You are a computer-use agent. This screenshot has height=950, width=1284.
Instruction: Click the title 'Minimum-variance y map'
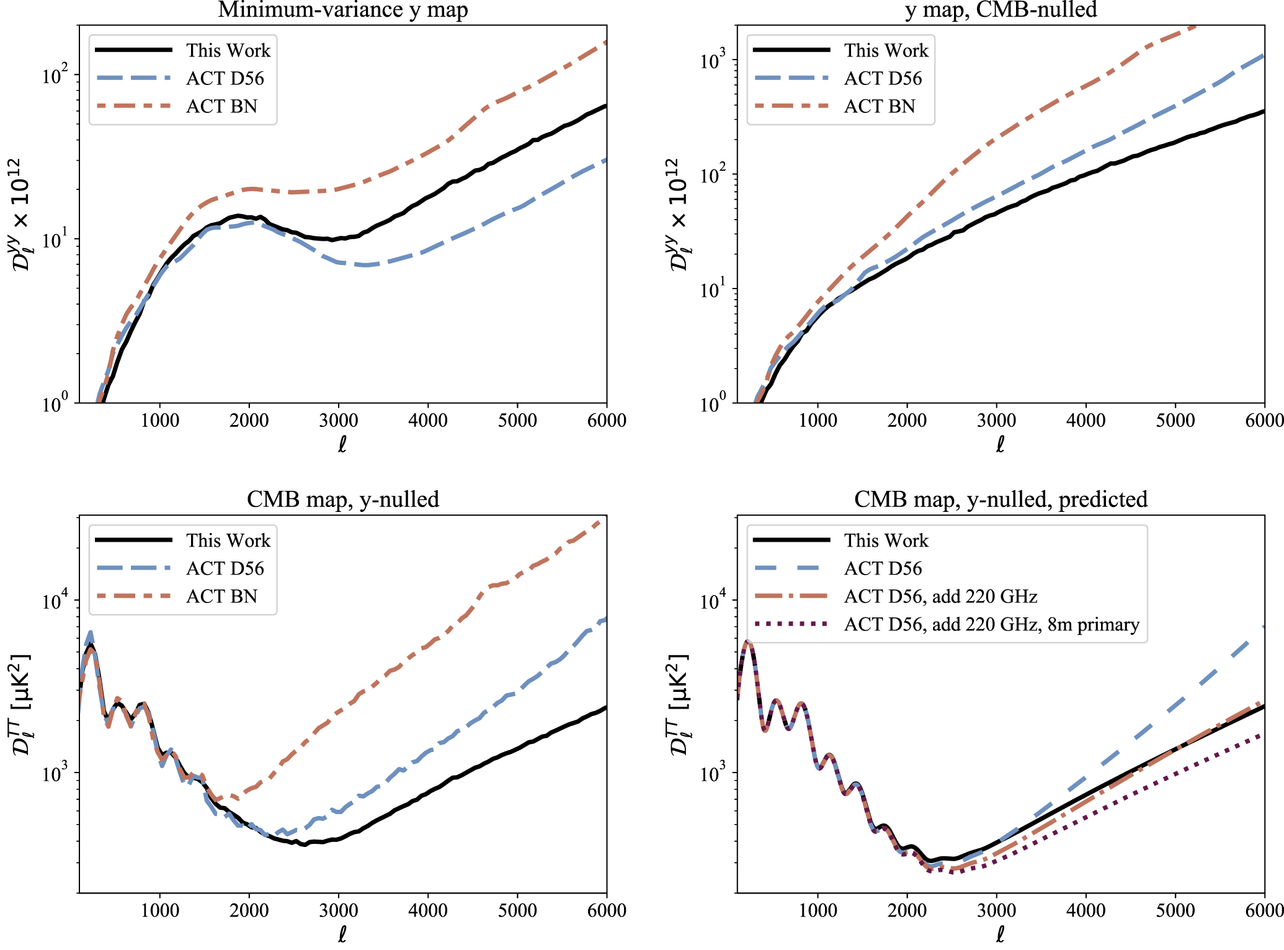342,10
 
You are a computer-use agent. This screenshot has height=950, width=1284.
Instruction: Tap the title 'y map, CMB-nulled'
1001,10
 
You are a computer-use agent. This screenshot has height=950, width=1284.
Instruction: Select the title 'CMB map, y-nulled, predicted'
1001,500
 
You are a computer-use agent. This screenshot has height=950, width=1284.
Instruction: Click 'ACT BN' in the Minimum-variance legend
221,106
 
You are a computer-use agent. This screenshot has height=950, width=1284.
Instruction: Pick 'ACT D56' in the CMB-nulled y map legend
883,78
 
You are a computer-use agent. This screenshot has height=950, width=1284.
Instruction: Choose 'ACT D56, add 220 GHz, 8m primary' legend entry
991,624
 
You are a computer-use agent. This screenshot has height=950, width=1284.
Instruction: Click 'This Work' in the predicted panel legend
886,540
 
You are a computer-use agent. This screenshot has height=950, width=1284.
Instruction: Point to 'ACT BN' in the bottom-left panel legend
221,596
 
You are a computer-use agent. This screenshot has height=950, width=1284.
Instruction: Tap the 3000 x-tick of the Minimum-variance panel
339,421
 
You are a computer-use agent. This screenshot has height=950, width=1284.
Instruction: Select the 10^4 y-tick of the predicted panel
713,601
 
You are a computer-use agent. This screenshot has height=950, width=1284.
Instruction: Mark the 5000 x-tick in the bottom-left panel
517,910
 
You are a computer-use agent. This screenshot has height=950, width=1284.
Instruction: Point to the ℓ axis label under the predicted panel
1000,934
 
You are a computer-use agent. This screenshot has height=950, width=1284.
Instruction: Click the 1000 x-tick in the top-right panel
818,421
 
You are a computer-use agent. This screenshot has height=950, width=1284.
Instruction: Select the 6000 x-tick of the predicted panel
1264,910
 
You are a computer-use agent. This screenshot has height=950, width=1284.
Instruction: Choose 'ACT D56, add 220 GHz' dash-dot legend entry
940,596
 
